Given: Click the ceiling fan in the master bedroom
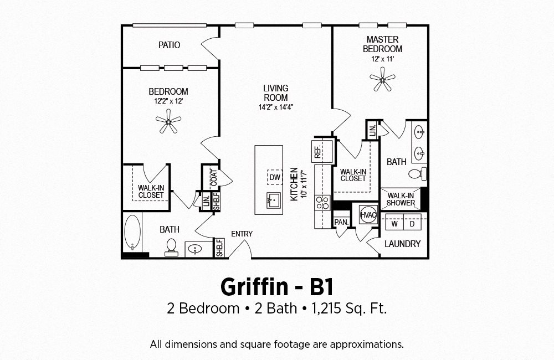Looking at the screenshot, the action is point(382,79).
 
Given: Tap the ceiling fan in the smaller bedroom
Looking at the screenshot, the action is point(168,121).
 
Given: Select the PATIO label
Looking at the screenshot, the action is point(169,45).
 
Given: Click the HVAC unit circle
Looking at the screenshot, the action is point(368,214).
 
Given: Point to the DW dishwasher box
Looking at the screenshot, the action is point(275,177).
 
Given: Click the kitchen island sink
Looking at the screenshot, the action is point(273,200).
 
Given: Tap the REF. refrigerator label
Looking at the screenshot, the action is point(317,152).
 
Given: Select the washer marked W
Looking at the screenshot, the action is point(394,224).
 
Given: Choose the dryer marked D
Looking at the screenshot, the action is point(412,224).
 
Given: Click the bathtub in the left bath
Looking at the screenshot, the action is point(132,233).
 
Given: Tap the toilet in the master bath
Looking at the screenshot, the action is point(417,174).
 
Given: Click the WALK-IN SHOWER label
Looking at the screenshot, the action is point(401,199).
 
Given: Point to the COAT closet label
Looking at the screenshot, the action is point(214,178).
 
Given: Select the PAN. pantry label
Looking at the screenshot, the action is point(341,223).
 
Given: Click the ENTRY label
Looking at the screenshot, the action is point(242,234).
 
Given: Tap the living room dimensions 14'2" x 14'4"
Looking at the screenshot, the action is point(276,107).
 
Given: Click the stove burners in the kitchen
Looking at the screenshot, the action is point(322,203).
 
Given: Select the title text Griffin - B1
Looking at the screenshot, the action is point(277,287).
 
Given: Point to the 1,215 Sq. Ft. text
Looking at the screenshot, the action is point(349,308).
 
